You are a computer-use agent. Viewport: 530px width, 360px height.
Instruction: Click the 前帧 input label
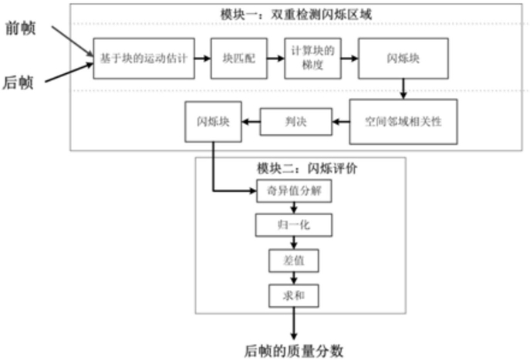pyautogui.click(x=21, y=28)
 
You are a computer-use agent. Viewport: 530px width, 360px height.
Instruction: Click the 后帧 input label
pyautogui.click(x=19, y=82)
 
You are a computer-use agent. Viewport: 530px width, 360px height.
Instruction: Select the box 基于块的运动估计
pyautogui.click(x=144, y=59)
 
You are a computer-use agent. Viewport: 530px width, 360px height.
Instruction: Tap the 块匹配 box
pyautogui.click(x=239, y=59)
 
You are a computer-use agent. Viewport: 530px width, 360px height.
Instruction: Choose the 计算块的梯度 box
pyautogui.click(x=312, y=59)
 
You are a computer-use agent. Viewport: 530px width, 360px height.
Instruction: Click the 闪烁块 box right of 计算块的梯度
pyautogui.click(x=403, y=59)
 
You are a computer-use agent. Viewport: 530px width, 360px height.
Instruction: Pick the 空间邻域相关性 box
pyautogui.click(x=403, y=122)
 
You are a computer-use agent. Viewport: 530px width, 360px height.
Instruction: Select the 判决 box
pyautogui.click(x=295, y=122)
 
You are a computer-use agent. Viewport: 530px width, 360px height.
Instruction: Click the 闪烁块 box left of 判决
pyautogui.click(x=213, y=122)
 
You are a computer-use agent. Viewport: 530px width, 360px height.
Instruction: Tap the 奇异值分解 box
pyautogui.click(x=294, y=191)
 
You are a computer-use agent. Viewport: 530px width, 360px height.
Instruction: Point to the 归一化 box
pyautogui.click(x=294, y=225)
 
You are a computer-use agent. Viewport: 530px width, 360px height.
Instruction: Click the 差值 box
pyautogui.click(x=294, y=261)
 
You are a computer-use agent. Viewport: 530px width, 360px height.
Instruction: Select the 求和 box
pyautogui.click(x=294, y=296)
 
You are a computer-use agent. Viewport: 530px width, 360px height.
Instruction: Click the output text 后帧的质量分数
pyautogui.click(x=294, y=352)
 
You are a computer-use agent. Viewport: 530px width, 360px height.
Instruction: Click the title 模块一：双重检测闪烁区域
pyautogui.click(x=296, y=15)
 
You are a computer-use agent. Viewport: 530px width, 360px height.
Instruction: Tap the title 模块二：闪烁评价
pyautogui.click(x=307, y=168)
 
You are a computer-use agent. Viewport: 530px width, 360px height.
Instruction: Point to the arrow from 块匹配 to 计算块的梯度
pyautogui.click(x=276, y=59)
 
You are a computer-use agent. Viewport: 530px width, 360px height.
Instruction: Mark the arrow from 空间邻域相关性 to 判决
pyautogui.click(x=341, y=122)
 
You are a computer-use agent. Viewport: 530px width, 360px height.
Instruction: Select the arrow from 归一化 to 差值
pyautogui.click(x=294, y=243)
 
